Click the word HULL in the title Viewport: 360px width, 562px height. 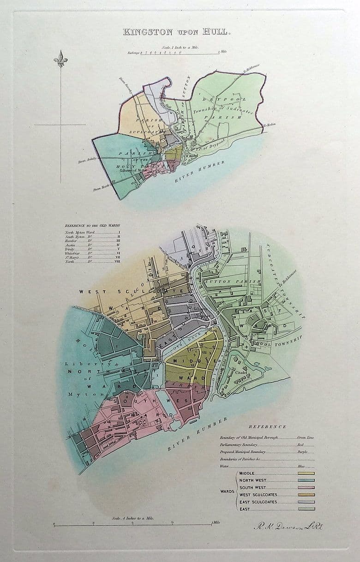coord(212,32)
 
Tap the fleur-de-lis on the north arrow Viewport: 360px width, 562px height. coord(60,59)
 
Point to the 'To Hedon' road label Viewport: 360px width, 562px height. coord(269,125)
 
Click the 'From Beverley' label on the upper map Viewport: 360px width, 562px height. coord(126,86)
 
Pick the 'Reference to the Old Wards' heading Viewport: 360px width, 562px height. coord(92,226)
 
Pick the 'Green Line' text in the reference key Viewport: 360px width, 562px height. coord(306,437)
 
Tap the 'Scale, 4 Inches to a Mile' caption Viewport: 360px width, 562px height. coord(133,519)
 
